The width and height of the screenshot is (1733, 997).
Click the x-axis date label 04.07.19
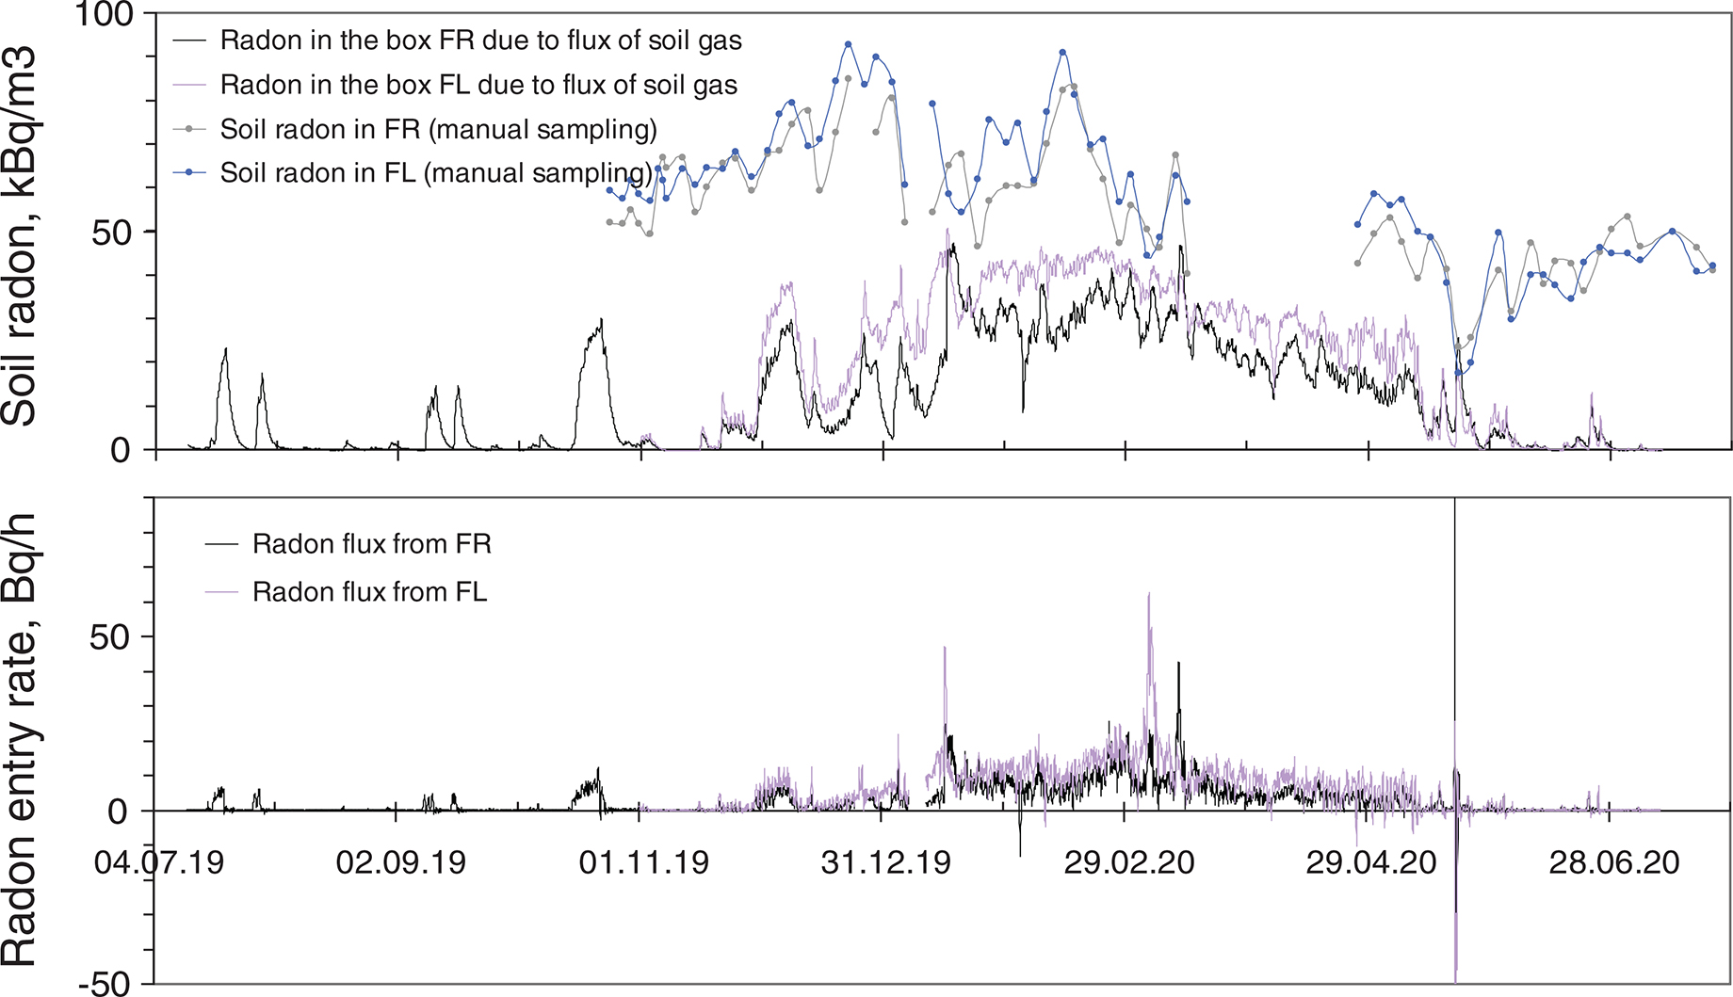point(159,862)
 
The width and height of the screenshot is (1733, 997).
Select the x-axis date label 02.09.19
point(401,862)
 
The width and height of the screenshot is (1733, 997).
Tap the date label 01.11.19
point(644,862)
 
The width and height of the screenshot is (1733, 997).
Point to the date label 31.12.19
point(886,862)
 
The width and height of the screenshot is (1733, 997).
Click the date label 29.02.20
point(1129,862)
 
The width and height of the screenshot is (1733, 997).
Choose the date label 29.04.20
point(1371,862)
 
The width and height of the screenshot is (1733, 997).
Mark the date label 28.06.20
point(1614,862)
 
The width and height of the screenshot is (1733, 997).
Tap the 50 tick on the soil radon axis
point(111,232)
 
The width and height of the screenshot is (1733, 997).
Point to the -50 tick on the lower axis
point(105,983)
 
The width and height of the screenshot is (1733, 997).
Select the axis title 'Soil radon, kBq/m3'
point(21,235)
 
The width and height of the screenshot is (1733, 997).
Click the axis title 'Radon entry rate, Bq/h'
point(21,740)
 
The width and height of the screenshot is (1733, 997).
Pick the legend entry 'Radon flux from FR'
point(371,544)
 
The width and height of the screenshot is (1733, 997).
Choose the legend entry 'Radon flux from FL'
point(369,592)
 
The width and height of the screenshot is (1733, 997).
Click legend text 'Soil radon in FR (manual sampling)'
point(438,129)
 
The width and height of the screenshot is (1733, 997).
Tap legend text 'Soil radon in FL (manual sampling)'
point(436,173)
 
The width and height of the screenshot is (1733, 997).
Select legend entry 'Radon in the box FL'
point(478,85)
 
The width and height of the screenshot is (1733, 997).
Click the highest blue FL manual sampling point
point(849,44)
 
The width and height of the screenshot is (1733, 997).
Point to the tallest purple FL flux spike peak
point(1149,595)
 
